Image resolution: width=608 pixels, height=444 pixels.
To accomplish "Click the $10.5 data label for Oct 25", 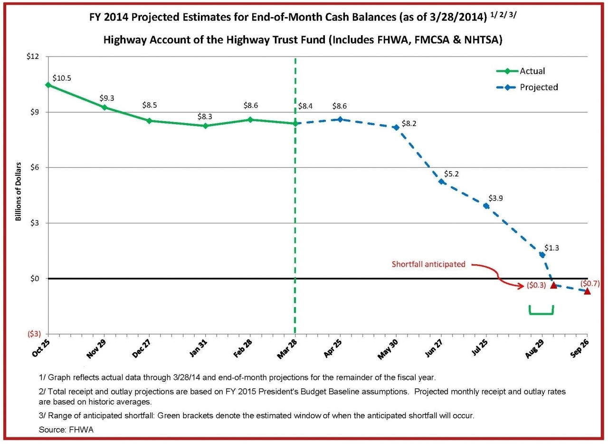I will [62, 78].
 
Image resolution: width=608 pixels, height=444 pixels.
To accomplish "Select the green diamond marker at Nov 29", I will [104, 107].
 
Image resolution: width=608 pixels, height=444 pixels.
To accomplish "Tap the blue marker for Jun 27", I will [441, 182].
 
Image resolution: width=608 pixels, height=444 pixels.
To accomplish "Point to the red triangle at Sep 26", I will [587, 291].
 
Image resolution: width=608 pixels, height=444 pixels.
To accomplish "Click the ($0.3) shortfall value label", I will [536, 286].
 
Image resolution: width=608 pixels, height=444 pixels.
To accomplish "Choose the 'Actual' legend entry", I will [532, 71].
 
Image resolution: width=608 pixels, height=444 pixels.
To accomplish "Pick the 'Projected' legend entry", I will [539, 87].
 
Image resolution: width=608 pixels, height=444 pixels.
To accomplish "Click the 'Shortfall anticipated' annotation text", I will [428, 264].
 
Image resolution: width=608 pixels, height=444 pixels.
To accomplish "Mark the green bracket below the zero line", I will [541, 312].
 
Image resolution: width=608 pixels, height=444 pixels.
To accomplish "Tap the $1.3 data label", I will [551, 247].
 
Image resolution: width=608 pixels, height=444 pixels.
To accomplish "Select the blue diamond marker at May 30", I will [396, 127].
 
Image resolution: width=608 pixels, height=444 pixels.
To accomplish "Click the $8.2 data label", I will [409, 124].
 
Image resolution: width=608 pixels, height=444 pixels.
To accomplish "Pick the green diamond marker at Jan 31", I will [205, 126].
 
